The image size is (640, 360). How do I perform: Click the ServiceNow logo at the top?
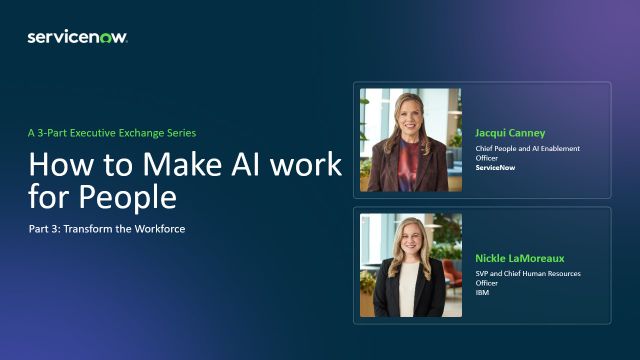(78, 37)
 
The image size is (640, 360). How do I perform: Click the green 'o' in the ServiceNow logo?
(106, 38)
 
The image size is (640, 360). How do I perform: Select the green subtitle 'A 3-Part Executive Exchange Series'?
(112, 133)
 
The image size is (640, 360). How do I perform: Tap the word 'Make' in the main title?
(183, 164)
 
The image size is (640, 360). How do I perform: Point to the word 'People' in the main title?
(128, 198)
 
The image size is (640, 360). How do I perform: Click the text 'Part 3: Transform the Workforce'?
(107, 229)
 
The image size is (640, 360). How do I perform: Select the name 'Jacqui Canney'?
(510, 133)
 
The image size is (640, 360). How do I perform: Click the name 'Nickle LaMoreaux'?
(520, 258)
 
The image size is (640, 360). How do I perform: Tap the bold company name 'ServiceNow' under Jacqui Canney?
(495, 167)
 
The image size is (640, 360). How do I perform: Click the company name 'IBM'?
(482, 292)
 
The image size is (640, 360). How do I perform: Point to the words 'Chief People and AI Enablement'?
(527, 149)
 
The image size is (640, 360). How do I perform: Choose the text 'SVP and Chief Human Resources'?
(528, 273)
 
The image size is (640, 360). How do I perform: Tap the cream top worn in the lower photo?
(409, 290)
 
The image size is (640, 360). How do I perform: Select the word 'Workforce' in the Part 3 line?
(160, 229)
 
